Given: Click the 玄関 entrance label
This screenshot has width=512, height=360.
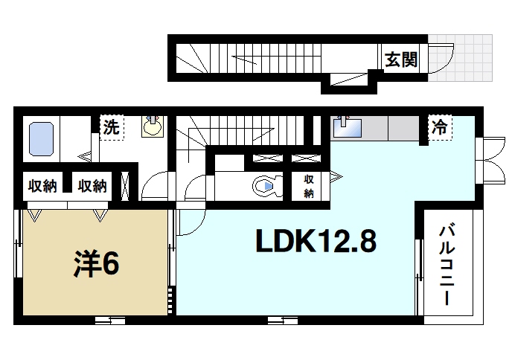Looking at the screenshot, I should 400,59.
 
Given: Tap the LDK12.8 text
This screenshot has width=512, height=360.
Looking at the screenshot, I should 316,240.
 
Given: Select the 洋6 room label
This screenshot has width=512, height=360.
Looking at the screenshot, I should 97,264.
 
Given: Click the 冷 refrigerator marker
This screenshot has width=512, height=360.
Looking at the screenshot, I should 440,126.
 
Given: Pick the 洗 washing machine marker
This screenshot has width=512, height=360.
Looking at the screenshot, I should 111,126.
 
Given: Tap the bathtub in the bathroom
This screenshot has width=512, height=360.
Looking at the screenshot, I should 42,139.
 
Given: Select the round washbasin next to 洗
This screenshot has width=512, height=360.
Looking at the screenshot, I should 153,126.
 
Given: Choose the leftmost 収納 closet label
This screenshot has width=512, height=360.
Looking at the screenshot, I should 42,186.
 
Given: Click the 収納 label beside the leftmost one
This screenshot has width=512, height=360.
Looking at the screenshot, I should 92,186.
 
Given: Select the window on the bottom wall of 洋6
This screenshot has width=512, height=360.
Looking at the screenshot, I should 109,321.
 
